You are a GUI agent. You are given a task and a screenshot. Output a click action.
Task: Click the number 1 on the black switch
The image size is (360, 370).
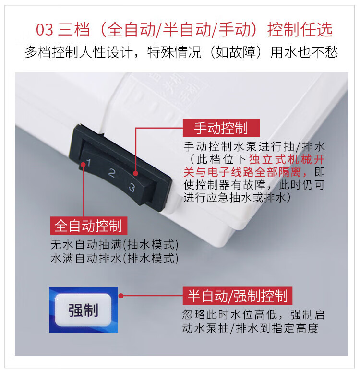pos(88,162)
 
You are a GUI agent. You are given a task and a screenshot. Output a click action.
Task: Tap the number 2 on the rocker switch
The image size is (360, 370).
pos(111,173)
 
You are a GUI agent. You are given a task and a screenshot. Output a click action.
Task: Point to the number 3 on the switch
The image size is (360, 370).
pos(132,188)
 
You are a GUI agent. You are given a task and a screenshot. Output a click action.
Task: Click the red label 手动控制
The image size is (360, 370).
pos(221,128)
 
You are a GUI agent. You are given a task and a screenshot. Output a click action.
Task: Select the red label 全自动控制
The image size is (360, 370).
pos(89,226)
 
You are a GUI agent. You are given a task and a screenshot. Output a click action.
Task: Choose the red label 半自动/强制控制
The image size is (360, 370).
pos(238,296)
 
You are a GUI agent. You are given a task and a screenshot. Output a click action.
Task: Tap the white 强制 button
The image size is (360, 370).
pos(83,310)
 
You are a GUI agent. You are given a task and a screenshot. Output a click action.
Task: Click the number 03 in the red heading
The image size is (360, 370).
pos(44,30)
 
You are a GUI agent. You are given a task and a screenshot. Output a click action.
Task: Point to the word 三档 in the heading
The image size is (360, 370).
pos(74,30)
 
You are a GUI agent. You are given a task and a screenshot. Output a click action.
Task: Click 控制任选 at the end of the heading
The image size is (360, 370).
pos(300,30)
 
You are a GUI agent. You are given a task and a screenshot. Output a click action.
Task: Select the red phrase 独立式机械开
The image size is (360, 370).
pos(287,159)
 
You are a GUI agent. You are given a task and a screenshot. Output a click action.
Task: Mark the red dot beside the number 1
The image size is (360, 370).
pos(83,165)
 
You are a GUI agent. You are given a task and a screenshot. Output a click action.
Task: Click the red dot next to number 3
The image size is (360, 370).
pos(135,173)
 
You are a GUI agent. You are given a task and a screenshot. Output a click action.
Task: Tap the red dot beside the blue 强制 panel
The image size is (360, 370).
pos(121,296)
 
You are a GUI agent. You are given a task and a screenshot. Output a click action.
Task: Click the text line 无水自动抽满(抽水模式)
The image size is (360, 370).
pos(115,244)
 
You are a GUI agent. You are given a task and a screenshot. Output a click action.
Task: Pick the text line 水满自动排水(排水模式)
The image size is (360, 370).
pos(115,258)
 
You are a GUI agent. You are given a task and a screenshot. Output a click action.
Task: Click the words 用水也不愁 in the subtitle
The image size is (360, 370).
pos(304,52)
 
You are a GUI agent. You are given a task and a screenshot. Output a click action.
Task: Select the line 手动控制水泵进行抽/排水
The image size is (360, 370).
pos(254,146)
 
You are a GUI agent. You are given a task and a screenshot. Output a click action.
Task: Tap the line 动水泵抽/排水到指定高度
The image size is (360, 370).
pos(250,328)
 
